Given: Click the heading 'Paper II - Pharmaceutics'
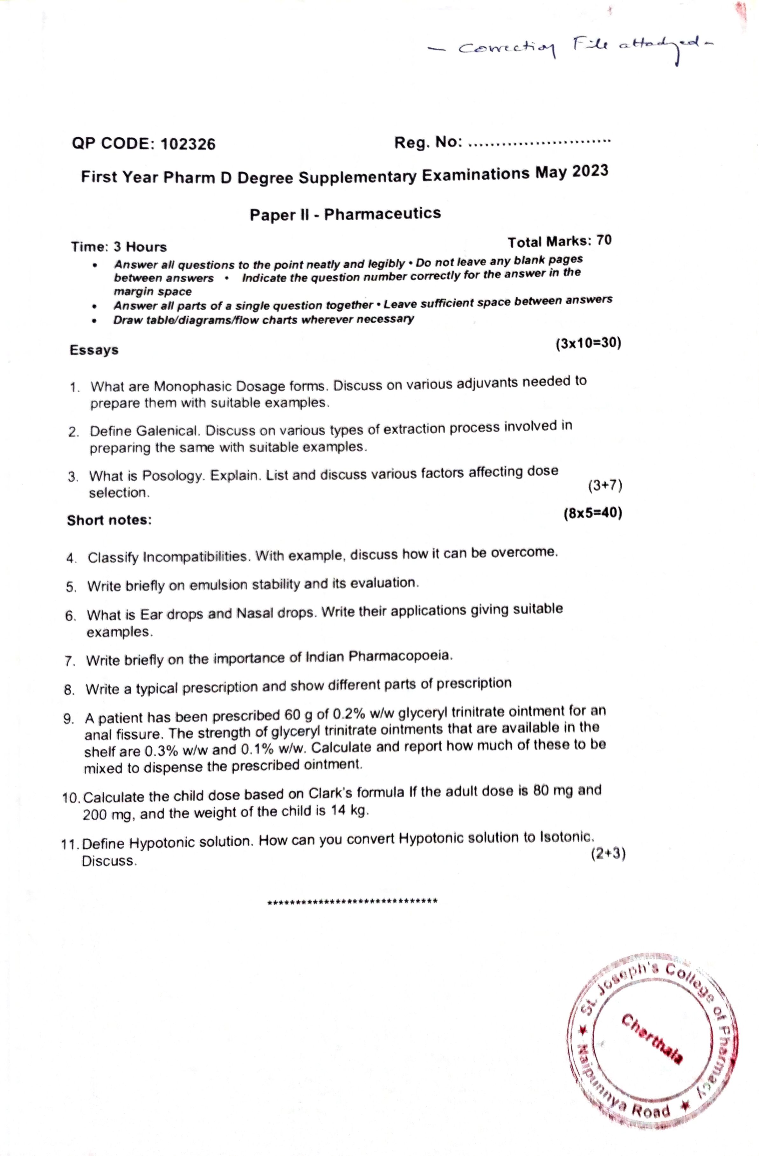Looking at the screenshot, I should pos(345,214).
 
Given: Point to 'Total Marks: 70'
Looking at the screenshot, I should pos(559,241).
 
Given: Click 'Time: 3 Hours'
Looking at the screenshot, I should pos(119,247).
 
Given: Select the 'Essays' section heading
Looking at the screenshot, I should pos(94,350).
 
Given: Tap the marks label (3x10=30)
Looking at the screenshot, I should pos(588,343).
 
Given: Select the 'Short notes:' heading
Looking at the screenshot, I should pos(109,520).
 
